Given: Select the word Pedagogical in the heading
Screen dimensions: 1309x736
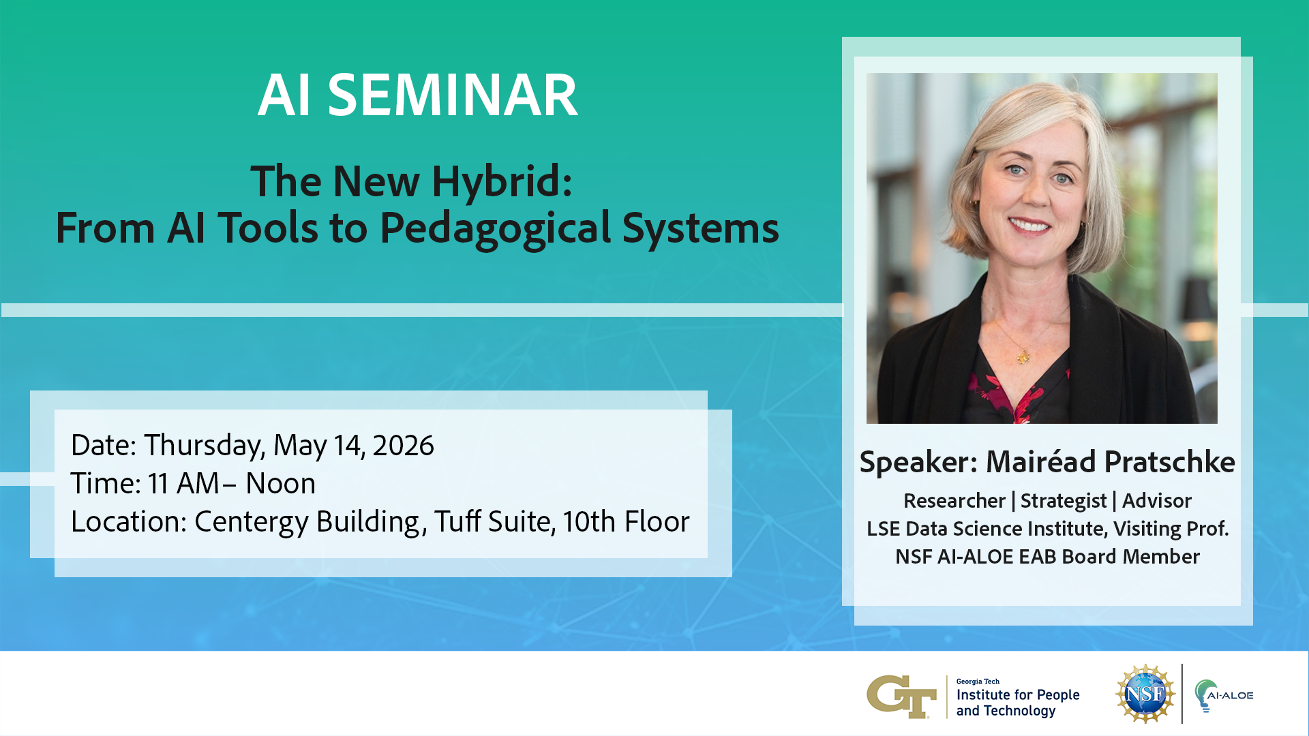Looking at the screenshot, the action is click(496, 229).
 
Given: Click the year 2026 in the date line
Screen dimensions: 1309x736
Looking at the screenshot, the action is click(403, 446).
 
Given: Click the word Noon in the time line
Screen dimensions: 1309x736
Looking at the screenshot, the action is click(280, 484).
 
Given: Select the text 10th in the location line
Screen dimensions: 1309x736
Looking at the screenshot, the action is click(589, 522).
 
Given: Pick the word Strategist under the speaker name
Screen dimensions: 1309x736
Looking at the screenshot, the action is click(1063, 502).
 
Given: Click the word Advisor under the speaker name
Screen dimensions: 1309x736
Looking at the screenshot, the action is click(1157, 501).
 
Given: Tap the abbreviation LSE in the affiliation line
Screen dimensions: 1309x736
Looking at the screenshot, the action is click(883, 529).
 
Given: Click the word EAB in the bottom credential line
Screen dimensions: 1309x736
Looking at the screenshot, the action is click(1037, 557).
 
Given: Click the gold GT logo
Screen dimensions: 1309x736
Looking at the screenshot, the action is click(901, 696).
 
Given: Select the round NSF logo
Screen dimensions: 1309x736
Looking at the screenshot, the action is click(1145, 694).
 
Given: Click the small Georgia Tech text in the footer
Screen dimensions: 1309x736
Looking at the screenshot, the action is click(978, 681).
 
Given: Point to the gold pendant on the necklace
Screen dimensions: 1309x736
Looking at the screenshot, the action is click(1023, 356).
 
